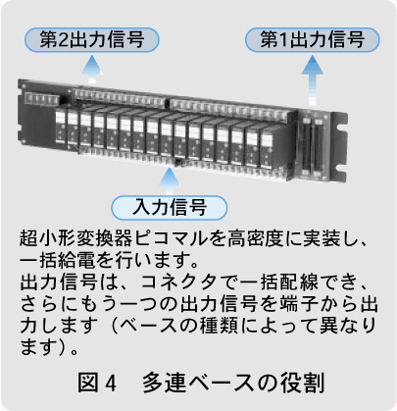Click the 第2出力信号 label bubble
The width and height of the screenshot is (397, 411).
coord(92,40)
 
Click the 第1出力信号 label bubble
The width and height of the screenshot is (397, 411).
coord(313,40)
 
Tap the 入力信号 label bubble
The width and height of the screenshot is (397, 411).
coord(170,208)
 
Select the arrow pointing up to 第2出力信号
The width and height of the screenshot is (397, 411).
coord(92,69)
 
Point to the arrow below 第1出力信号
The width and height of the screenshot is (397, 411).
coord(313,80)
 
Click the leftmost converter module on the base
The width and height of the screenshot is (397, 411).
coord(61,128)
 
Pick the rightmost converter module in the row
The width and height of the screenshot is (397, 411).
coord(267,150)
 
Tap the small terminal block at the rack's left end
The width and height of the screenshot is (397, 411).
coord(39,98)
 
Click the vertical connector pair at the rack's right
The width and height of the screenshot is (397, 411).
coord(312,144)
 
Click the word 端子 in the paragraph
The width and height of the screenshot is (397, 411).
coord(299,303)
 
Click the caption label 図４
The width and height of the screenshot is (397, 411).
coord(97,383)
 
